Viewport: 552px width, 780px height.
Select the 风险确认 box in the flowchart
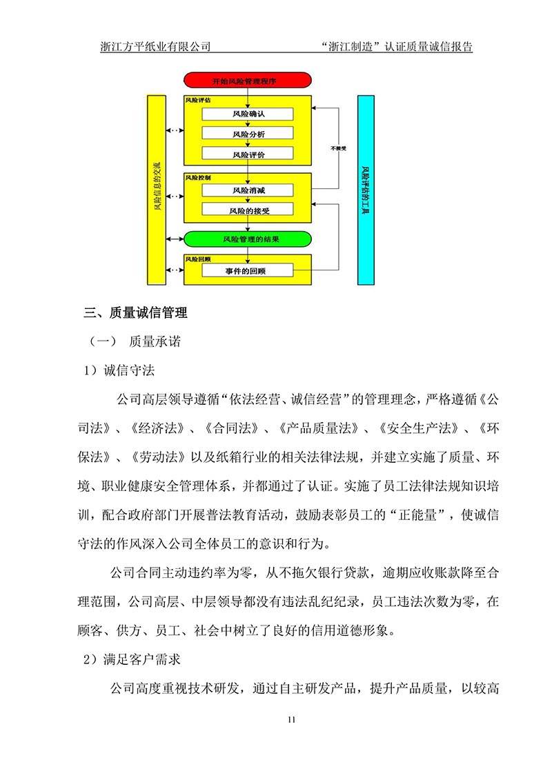pyautogui.click(x=248, y=114)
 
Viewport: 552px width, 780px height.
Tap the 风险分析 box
pyautogui.click(x=248, y=134)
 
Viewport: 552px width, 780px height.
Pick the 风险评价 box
pyautogui.click(x=248, y=154)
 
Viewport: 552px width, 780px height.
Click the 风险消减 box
pyautogui.click(x=248, y=190)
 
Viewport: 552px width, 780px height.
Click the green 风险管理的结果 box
pyautogui.click(x=248, y=239)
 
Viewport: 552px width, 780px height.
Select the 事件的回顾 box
pyautogui.click(x=248, y=271)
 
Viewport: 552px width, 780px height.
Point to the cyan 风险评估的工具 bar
pyautogui.click(x=366, y=190)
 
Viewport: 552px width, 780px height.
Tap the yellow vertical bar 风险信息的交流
pyautogui.click(x=157, y=190)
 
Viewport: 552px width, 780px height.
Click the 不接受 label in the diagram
pyautogui.click(x=337, y=148)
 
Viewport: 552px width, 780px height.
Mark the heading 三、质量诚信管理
pyautogui.click(x=135, y=313)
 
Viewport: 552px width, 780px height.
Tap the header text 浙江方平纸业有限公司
pyautogui.click(x=155, y=48)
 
